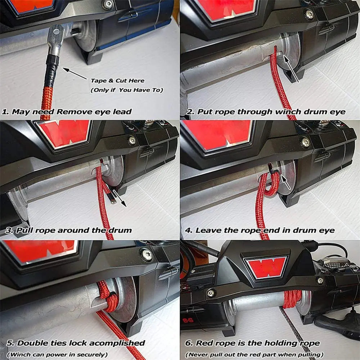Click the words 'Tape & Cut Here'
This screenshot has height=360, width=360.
(118, 81)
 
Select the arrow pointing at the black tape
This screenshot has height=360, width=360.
(75, 73)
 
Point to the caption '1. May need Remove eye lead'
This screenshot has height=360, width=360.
(67, 112)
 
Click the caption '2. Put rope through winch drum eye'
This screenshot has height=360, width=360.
(266, 112)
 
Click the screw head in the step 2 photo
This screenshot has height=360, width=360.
(310, 15)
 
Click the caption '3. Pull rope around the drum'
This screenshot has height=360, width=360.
(68, 230)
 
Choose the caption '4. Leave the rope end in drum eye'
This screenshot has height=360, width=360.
(260, 230)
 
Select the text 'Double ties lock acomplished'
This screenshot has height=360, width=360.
(81, 343)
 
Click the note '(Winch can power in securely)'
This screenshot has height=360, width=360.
(57, 355)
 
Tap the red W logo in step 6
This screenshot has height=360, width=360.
(267, 267)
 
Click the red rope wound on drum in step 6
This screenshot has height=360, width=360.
(292, 299)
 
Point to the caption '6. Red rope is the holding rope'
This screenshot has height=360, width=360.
(252, 343)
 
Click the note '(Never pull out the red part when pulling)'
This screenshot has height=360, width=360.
(254, 355)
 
